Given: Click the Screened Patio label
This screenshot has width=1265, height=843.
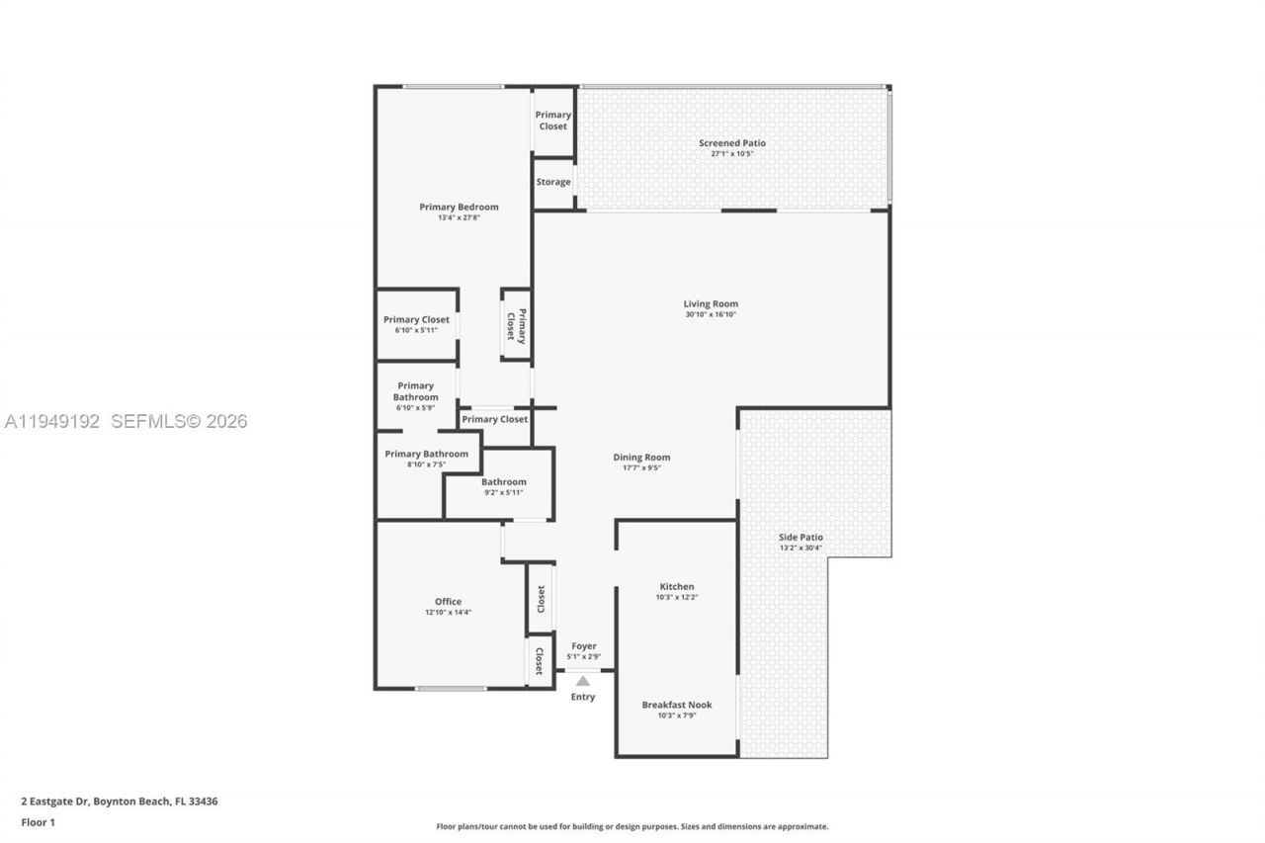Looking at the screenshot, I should tap(732, 143).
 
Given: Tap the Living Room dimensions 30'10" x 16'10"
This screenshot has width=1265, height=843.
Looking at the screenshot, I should tap(711, 314).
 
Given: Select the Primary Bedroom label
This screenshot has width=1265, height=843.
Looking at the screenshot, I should tap(459, 207).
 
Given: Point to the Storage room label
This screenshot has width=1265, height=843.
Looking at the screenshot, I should tap(553, 182).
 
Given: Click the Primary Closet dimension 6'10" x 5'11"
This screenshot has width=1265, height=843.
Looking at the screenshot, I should tap(415, 330).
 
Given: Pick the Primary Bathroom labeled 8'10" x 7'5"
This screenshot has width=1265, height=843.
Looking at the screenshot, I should tap(426, 454).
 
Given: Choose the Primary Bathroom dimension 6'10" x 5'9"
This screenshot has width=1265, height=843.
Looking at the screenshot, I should tap(415, 407).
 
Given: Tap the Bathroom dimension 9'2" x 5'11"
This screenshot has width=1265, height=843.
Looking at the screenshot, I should tap(503, 492).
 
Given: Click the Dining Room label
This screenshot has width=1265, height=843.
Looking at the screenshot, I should tap(641, 458).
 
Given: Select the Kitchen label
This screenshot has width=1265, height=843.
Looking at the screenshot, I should tap(677, 587).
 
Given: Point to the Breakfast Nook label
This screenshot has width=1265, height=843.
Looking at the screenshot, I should tap(677, 705).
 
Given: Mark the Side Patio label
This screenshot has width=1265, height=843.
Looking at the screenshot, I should tap(801, 538).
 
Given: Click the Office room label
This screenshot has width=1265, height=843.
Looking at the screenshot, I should tap(449, 602).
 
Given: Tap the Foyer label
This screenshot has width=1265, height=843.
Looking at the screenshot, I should tap(583, 646).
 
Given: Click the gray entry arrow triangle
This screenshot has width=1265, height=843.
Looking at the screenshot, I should tap(583, 681).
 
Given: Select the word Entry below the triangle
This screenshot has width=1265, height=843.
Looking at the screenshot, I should tap(583, 697).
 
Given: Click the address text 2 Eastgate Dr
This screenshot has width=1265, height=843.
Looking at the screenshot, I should tap(55, 801).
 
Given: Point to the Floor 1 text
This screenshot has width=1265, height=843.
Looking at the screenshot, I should tap(39, 822).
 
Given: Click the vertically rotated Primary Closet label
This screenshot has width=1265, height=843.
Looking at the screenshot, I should tap(517, 325).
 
